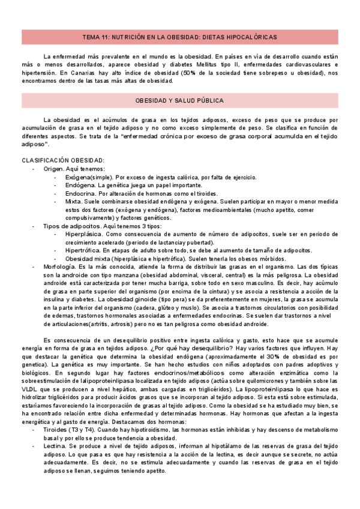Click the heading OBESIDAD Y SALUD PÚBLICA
click(180, 100)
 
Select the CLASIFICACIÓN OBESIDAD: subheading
click(63, 160)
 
